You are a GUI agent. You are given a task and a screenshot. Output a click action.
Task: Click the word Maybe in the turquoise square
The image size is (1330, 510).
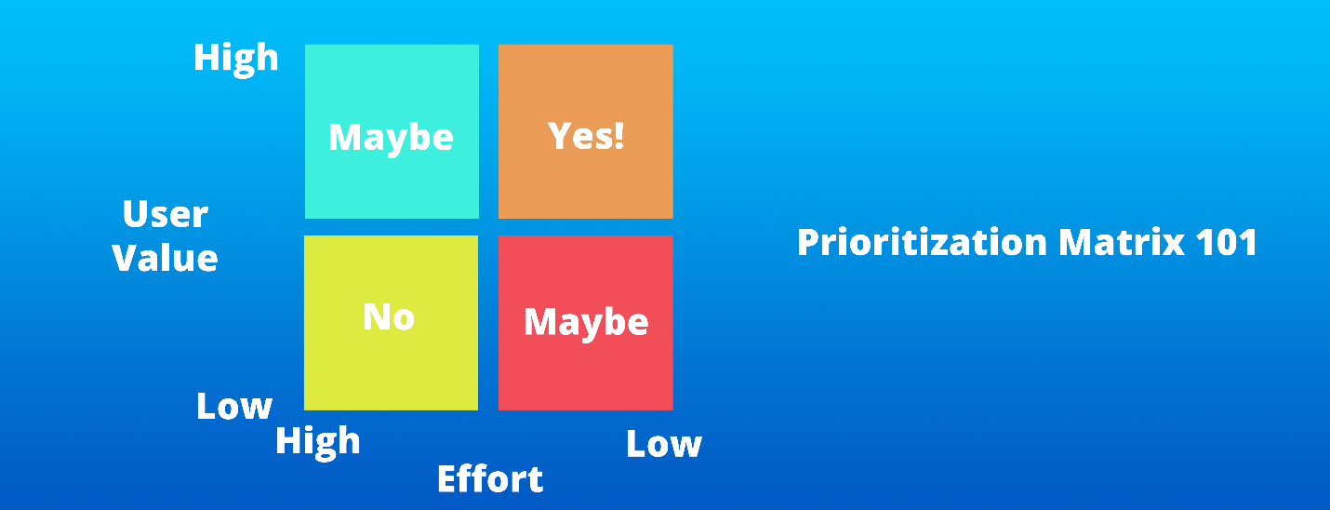click(x=391, y=139)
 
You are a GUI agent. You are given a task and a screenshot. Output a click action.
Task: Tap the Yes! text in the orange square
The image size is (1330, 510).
click(x=585, y=136)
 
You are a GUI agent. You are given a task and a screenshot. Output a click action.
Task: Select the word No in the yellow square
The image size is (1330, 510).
click(x=389, y=316)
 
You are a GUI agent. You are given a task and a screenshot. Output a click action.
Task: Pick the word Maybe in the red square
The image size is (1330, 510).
click(x=585, y=323)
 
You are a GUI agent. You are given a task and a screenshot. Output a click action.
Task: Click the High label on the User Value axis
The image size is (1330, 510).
click(x=236, y=60)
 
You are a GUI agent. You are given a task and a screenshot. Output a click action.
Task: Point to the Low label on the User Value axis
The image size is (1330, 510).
click(x=234, y=407)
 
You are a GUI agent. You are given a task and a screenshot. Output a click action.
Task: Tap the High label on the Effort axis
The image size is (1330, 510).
click(x=318, y=442)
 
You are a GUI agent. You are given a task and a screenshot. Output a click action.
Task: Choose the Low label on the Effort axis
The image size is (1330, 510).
click(x=664, y=444)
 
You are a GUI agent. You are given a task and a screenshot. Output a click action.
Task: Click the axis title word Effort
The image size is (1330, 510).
click(x=490, y=478)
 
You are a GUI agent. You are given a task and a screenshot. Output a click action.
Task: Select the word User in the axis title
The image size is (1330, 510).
click(x=165, y=214)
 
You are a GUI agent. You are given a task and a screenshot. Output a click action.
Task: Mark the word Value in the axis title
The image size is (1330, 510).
click(x=165, y=258)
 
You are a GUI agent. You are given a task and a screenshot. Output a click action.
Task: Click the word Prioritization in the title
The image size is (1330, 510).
click(x=922, y=243)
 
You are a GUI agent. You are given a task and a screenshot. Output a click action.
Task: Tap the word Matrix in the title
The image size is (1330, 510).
click(x=1122, y=243)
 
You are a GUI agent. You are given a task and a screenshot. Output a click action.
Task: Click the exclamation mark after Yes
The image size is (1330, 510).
click(x=619, y=136)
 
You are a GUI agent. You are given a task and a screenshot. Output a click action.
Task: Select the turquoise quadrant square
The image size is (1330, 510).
click(x=392, y=131)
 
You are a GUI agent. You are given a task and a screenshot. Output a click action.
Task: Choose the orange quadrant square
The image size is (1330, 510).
click(x=585, y=131)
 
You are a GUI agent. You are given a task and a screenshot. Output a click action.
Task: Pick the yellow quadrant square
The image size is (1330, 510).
click(x=391, y=323)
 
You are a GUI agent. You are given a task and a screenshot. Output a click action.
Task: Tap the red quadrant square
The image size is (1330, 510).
click(x=585, y=323)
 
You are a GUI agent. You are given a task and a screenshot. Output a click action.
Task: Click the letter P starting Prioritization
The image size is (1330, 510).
click(x=807, y=243)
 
